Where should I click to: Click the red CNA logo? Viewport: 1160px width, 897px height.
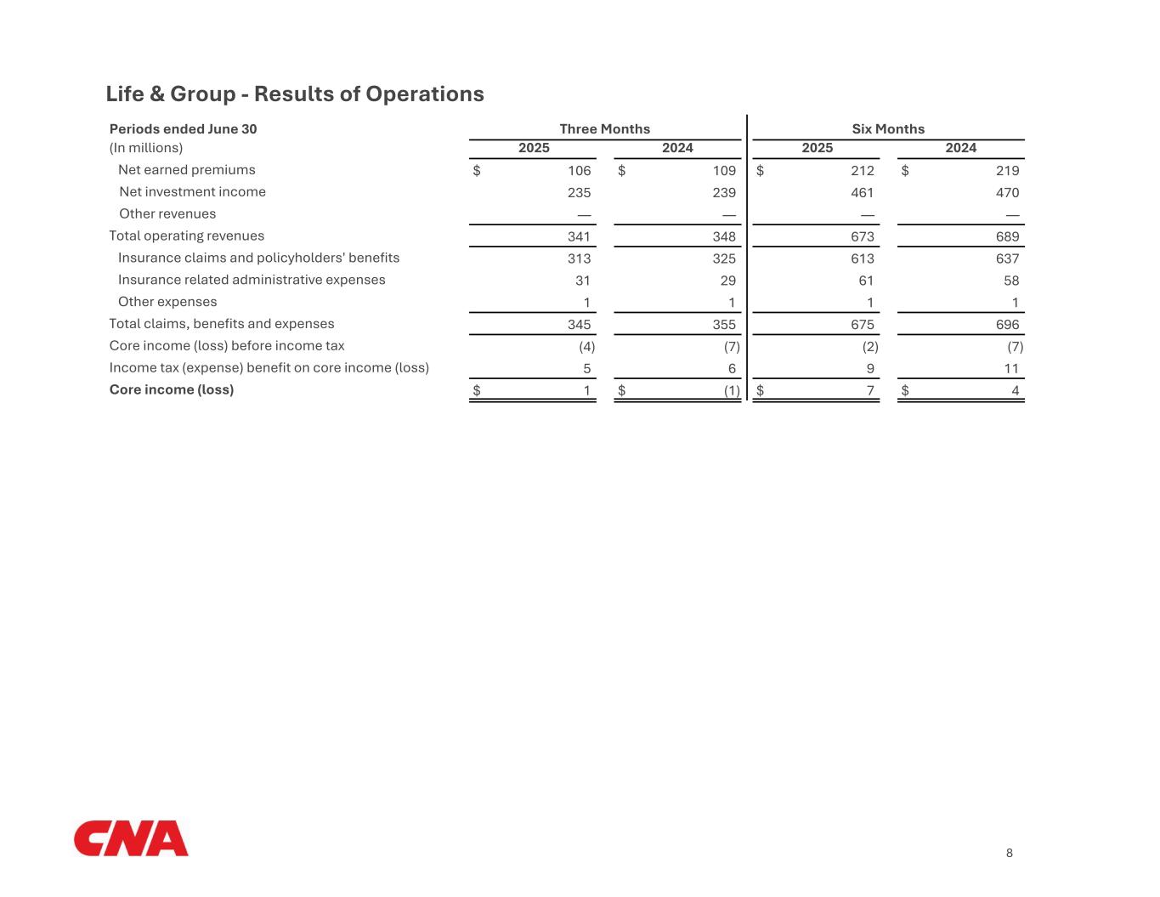click(131, 838)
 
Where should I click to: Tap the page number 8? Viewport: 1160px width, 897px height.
click(1009, 854)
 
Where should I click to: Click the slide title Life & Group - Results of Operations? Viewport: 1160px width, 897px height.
click(295, 94)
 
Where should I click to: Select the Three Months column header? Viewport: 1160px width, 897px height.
click(604, 129)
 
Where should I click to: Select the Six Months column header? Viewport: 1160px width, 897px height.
click(888, 129)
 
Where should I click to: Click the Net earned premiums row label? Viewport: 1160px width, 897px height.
click(186, 170)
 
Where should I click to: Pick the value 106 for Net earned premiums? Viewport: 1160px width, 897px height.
click(579, 171)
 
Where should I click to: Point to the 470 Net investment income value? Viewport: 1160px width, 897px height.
click(1007, 193)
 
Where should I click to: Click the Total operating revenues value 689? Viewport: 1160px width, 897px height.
click(1007, 237)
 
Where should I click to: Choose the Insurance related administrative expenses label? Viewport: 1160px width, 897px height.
click(252, 280)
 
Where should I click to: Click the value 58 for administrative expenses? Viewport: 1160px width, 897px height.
click(1010, 281)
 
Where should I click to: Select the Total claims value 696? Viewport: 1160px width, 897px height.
click(1007, 325)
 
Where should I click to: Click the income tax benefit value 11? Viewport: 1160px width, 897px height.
click(1010, 369)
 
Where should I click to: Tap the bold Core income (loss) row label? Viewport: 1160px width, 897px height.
click(172, 389)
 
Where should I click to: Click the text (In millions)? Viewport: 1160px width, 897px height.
click(146, 148)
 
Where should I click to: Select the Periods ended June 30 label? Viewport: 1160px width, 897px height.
click(183, 129)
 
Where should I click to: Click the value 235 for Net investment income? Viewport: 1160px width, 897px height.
click(579, 193)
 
